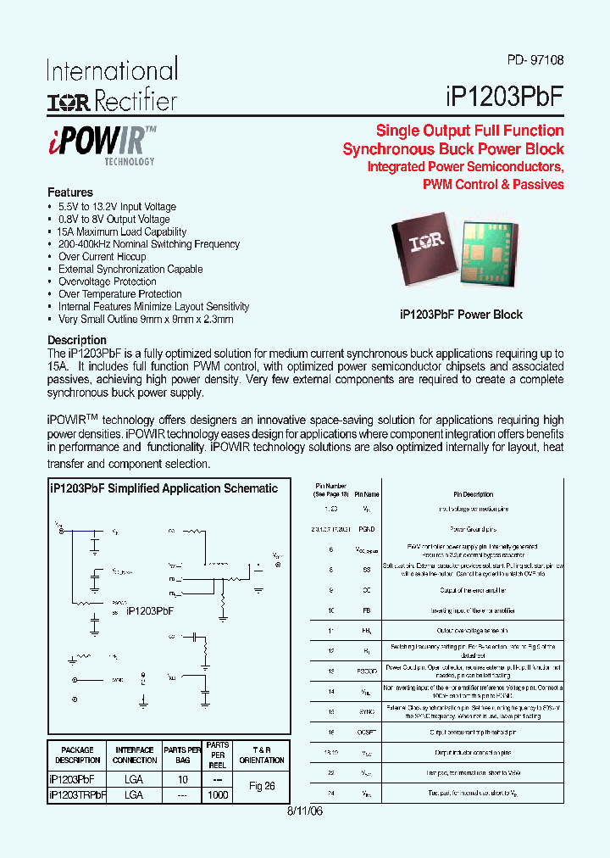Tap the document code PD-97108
coord(535,61)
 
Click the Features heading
coord(70,192)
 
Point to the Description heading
coord(77,340)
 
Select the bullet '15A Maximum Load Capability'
coord(122,231)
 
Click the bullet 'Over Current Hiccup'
coord(102,256)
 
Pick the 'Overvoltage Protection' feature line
coord(107,281)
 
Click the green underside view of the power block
coord(497,246)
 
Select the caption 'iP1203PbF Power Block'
coord(461,315)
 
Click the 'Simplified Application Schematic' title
coord(164,488)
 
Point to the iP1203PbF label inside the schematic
coord(150,610)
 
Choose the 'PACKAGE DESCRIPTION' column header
coord(78,755)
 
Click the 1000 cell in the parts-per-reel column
coord(218,795)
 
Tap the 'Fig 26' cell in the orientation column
coord(262,786)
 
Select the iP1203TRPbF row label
coord(78,795)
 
